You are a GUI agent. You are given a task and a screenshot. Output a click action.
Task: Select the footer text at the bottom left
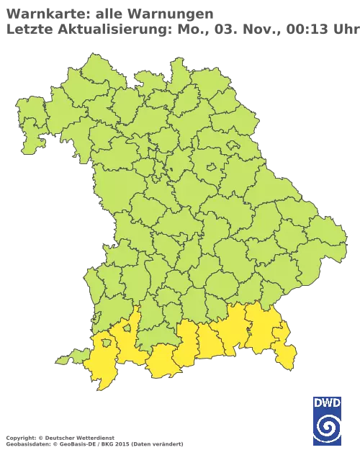(x=94, y=438)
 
